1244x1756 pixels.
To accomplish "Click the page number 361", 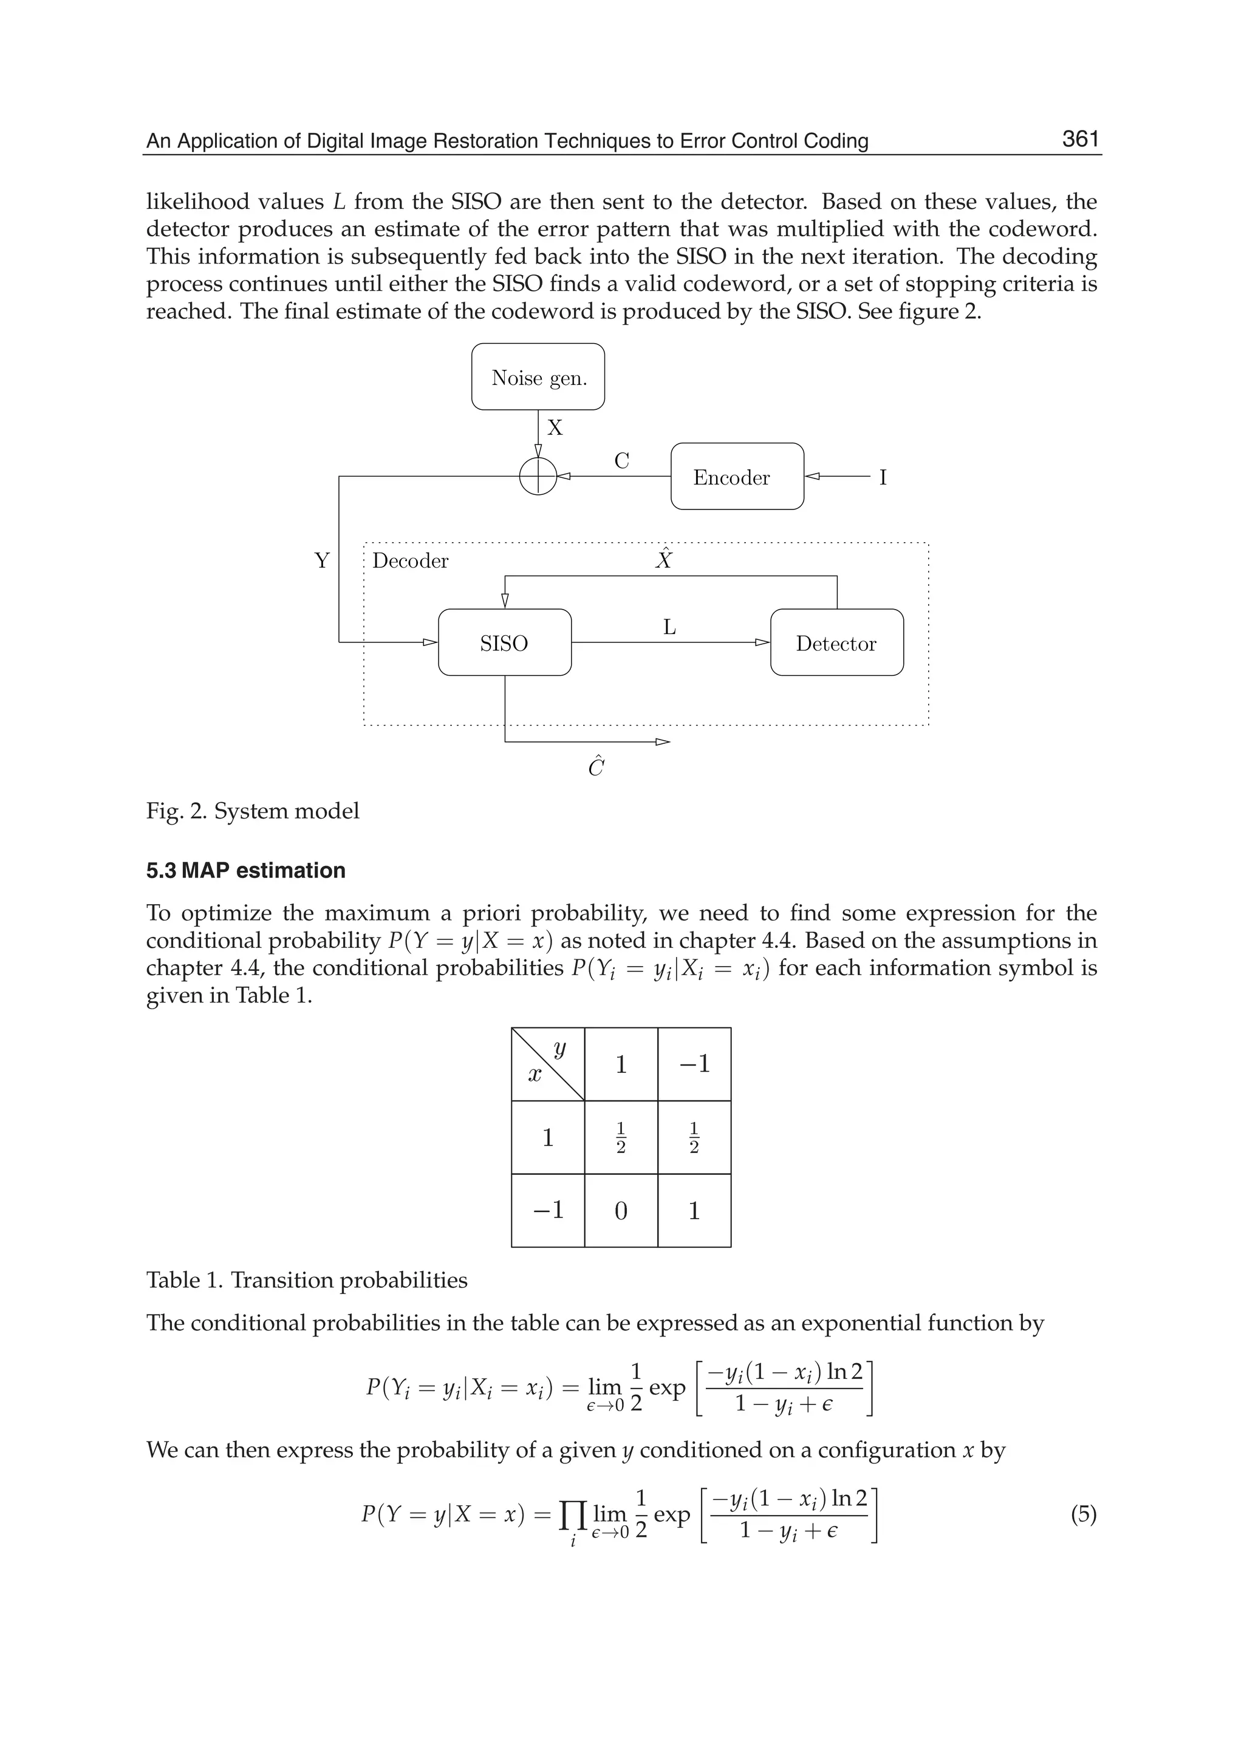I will pyautogui.click(x=1080, y=140).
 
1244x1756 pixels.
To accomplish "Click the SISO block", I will pyautogui.click(x=504, y=642).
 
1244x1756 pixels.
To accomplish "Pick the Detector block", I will pyautogui.click(x=836, y=642).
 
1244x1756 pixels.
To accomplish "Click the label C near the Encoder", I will pyautogui.click(x=621, y=460).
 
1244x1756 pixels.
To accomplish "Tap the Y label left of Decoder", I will pyautogui.click(x=322, y=560).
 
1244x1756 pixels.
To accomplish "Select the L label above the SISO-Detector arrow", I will pyautogui.click(x=669, y=627).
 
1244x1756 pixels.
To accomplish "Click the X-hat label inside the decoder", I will pyautogui.click(x=663, y=559).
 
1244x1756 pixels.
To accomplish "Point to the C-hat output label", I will pyautogui.click(x=596, y=766).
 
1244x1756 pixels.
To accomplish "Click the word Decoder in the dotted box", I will pyautogui.click(x=410, y=560).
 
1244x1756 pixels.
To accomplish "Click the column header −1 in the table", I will pyautogui.click(x=694, y=1064).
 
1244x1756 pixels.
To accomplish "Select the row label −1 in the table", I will pyautogui.click(x=548, y=1210).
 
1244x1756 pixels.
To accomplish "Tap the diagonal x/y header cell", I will pyautogui.click(x=548, y=1064).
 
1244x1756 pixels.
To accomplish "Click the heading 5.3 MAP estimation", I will pyautogui.click(x=245, y=870).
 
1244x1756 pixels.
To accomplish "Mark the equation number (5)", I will pyautogui.click(x=1082, y=1514).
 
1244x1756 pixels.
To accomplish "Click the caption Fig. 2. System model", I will pyautogui.click(x=252, y=810).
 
